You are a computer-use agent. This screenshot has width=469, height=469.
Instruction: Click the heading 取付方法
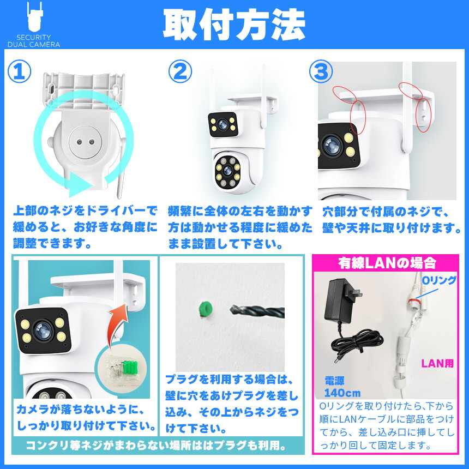coord(234,25)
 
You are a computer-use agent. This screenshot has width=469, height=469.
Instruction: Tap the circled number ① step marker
coord(20,71)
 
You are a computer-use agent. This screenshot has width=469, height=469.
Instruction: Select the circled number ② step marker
coord(180,71)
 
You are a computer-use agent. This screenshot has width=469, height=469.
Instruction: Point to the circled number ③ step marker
coord(321,71)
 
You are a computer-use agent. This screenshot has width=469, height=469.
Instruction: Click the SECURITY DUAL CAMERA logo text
coord(33,41)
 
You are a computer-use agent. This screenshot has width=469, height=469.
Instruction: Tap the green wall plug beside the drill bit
coord(206,309)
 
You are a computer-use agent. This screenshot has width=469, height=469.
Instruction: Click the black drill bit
coord(257,311)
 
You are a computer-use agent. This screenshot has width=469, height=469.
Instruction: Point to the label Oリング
coord(439,280)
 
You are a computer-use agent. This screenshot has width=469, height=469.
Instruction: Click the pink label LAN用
coord(437,363)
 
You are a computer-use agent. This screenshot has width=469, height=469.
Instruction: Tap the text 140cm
coord(342,393)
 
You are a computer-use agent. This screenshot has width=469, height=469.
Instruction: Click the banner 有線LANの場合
coord(387,263)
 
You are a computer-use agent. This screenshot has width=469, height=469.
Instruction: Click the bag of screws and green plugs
coord(122,371)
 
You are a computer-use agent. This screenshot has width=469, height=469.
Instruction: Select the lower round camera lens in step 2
coord(228,171)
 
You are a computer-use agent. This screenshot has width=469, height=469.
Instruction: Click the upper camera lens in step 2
coord(223,124)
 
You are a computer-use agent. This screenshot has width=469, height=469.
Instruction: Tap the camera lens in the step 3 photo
coord(332,146)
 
